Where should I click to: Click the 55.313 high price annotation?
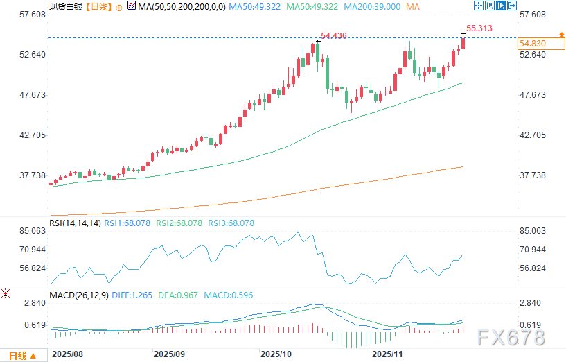point(479,28)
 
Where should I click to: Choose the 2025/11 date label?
point(388,354)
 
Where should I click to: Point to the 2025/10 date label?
point(275,354)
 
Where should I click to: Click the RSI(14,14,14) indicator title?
point(74,223)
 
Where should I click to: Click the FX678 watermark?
point(512,338)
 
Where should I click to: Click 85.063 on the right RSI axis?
point(534,231)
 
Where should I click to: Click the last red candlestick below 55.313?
point(463,43)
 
